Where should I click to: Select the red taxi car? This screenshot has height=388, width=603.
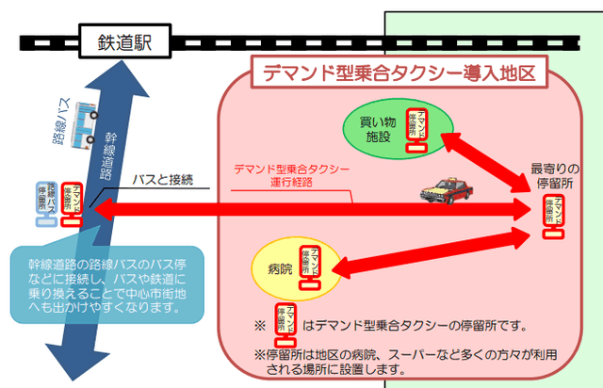(444, 191)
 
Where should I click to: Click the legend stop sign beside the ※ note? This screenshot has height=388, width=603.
(282, 321)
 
